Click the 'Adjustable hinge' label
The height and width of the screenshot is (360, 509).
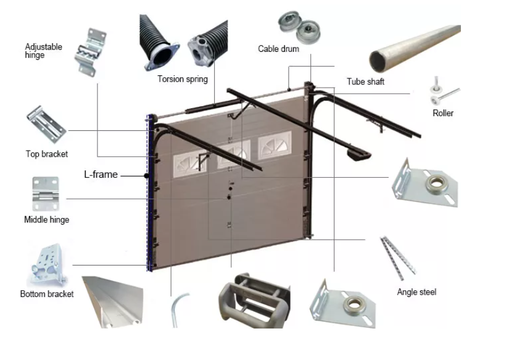click(43, 51)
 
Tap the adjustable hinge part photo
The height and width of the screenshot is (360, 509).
click(90, 52)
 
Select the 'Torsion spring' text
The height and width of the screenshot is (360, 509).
click(183, 79)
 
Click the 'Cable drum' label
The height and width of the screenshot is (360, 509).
click(278, 49)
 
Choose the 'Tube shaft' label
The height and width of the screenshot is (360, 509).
click(365, 82)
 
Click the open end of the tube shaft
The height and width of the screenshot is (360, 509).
click(378, 62)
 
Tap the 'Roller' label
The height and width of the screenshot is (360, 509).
click(443, 113)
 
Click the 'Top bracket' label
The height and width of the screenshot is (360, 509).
click(47, 154)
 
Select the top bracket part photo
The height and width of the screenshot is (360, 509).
click(46, 125)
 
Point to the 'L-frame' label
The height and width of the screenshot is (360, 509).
click(101, 175)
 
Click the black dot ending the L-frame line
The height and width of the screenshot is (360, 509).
click(147, 176)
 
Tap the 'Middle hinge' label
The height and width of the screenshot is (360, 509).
click(47, 220)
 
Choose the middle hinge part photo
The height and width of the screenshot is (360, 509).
click(46, 194)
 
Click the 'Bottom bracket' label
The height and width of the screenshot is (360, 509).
click(47, 294)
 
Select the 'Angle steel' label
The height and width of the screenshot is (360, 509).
click(416, 292)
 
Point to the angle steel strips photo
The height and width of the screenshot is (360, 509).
click(398, 257)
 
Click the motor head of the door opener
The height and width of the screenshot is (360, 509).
click(359, 154)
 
